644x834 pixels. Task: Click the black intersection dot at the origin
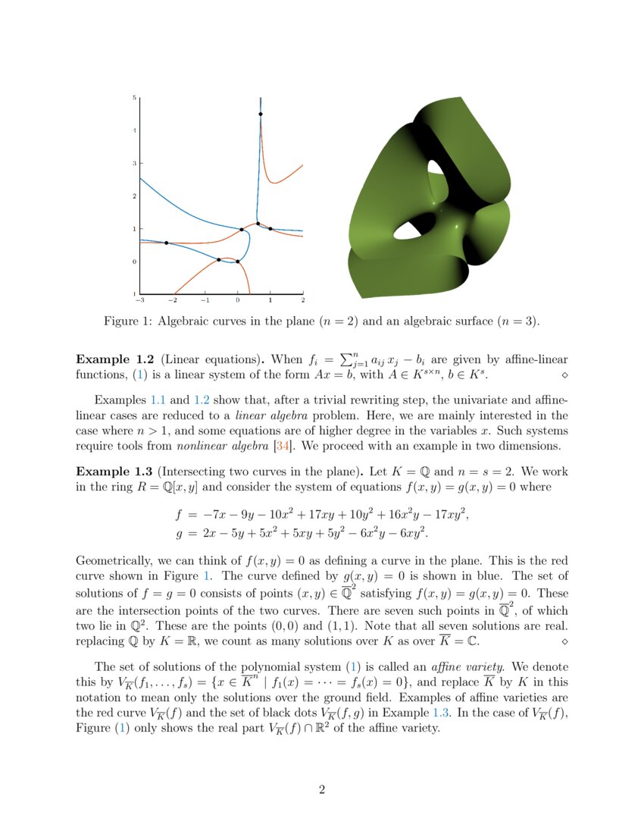(238, 262)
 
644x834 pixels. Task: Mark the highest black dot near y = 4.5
(260, 114)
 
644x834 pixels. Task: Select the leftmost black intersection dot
(167, 243)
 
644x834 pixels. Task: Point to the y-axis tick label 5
(134, 98)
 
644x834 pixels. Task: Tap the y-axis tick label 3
(134, 163)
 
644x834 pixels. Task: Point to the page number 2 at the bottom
(322, 790)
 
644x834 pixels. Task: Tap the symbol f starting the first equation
(180, 515)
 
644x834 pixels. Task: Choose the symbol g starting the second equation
(180, 535)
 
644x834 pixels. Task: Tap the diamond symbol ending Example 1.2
(564, 375)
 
